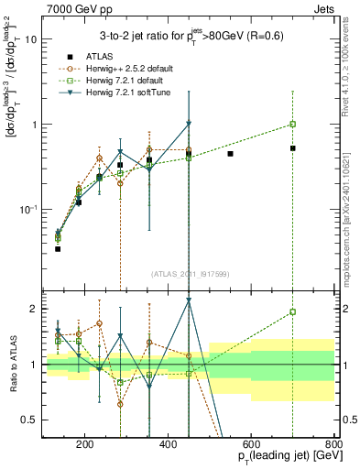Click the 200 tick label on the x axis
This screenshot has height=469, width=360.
tap(84, 446)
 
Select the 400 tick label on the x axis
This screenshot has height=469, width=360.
tap(168, 446)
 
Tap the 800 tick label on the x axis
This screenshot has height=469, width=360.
tap(333, 446)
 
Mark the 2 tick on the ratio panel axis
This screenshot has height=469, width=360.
tap(34, 309)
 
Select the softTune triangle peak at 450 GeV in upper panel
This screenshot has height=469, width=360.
tap(188, 124)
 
